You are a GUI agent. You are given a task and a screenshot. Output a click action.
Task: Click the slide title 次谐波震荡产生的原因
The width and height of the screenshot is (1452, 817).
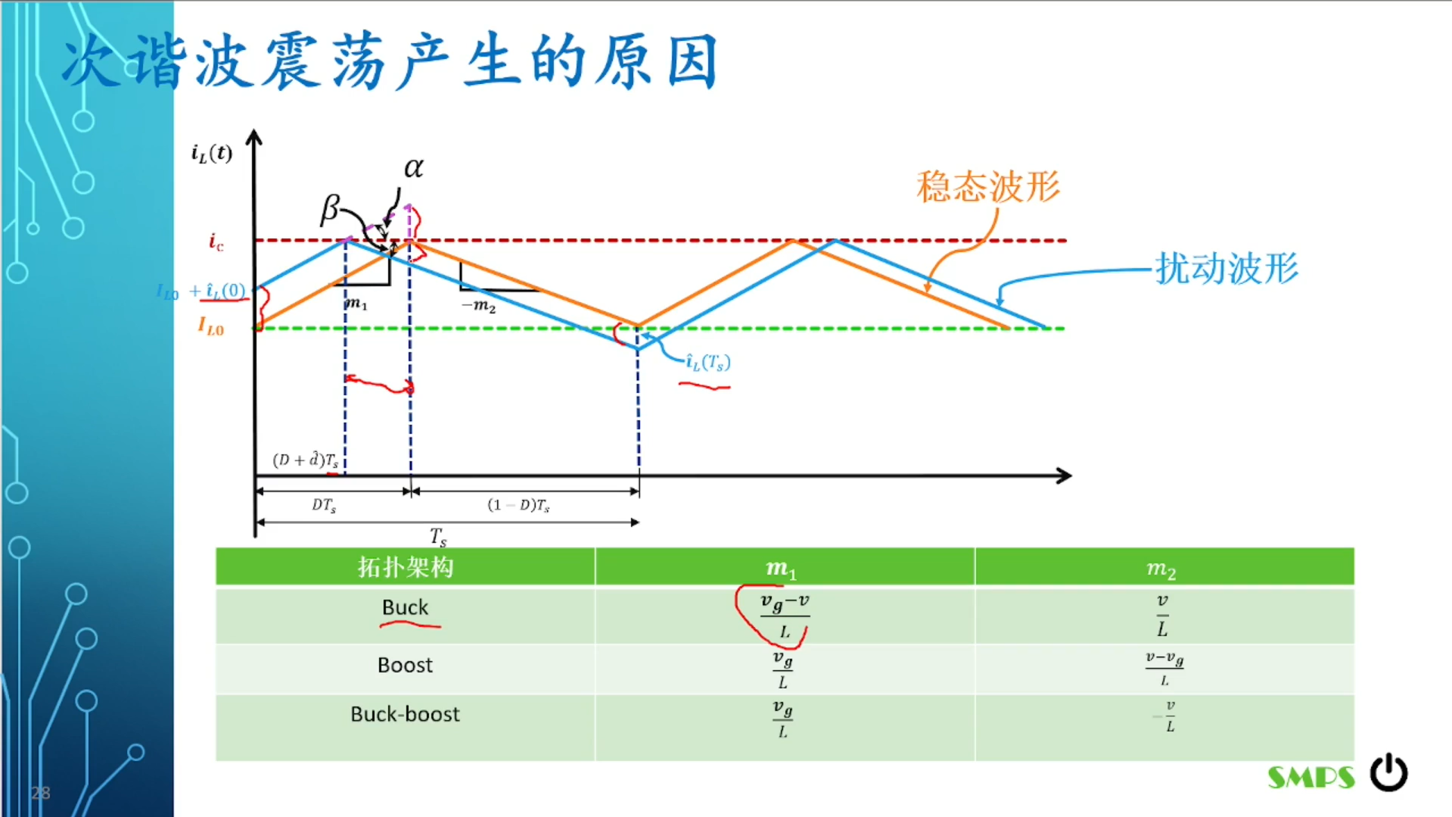390,62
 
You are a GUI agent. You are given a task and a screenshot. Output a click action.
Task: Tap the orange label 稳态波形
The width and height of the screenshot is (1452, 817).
988,186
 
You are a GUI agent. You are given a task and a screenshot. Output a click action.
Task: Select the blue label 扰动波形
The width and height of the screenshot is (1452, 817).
1227,268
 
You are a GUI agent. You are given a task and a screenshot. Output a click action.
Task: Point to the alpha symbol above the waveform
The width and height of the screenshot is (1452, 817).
413,167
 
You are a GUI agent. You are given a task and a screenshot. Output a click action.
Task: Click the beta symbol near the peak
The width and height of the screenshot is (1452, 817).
330,208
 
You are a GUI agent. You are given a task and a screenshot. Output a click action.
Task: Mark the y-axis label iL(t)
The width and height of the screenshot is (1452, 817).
211,154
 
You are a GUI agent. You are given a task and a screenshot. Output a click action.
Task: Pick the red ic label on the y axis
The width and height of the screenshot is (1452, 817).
216,242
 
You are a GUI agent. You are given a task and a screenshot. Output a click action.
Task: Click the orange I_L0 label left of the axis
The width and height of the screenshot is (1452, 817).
211,326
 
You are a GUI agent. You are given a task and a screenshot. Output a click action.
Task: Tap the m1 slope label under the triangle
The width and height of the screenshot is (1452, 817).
356,304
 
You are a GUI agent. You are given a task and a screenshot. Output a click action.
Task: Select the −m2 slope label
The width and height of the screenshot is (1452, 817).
478,305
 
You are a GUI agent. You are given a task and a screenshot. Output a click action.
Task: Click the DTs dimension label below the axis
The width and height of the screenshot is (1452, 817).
324,505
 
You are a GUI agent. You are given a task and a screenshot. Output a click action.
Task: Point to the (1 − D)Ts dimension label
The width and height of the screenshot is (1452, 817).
518,505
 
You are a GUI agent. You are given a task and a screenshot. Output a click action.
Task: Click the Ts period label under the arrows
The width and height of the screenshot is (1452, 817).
438,537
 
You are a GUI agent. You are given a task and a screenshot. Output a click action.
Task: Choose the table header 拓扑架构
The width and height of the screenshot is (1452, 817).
406,567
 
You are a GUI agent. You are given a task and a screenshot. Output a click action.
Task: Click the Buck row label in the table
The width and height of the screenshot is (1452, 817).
405,607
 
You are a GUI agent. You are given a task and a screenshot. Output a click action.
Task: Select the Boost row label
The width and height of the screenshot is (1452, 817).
405,665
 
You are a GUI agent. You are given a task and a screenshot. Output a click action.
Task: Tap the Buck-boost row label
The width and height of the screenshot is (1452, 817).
405,714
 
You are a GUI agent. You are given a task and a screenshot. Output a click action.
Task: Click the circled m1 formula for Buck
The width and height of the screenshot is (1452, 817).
784,616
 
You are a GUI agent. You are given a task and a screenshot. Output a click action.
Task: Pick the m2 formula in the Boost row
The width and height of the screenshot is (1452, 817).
1164,668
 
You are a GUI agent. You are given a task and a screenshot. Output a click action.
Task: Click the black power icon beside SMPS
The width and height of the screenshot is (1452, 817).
1388,773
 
